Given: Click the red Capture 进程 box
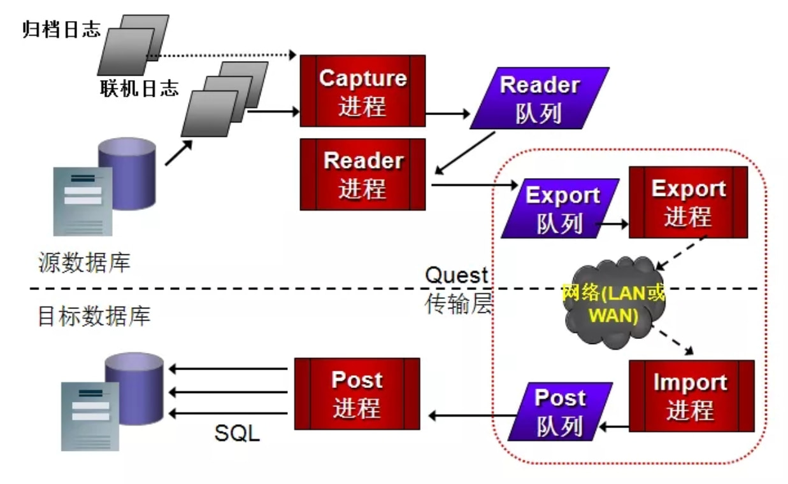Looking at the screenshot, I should tap(362, 90).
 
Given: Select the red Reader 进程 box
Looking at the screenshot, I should tap(362, 174).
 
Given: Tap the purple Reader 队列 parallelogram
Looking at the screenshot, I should tap(539, 98).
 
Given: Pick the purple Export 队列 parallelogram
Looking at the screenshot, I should tap(561, 208).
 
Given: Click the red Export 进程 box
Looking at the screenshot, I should tap(688, 202).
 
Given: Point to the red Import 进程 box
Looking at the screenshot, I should tap(691, 396).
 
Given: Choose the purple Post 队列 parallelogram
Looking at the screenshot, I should tap(560, 411).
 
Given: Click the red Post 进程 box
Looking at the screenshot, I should tap(357, 393).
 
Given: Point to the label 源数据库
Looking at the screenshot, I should tap(84, 261).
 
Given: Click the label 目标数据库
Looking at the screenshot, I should tap(94, 315).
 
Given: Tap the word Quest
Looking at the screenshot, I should tap(456, 276).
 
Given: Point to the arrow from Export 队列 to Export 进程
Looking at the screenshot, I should tap(613, 224).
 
